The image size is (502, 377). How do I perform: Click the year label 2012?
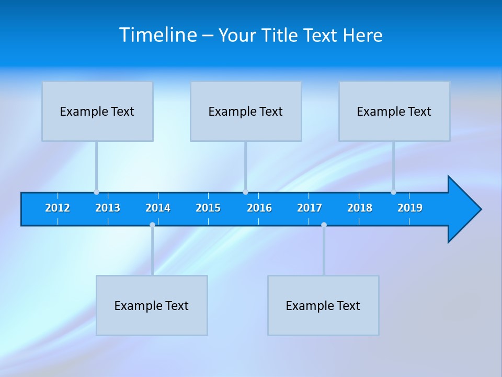tap(58, 208)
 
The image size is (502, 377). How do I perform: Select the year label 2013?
tap(108, 208)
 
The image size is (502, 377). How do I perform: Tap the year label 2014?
tap(158, 208)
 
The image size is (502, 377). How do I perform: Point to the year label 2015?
tap(208, 208)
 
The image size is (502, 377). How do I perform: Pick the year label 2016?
tap(259, 208)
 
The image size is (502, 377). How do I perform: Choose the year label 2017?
tap(310, 208)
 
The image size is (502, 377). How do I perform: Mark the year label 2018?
tap(360, 208)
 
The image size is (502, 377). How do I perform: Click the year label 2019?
tap(410, 208)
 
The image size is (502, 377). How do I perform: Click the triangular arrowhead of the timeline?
tap(463, 209)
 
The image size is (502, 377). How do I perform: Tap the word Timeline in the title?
tap(158, 35)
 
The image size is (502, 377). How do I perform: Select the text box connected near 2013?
tap(97, 111)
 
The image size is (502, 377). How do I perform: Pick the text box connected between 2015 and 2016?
tap(246, 111)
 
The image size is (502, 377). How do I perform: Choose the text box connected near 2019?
tap(394, 111)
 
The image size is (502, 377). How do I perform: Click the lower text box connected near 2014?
tap(152, 305)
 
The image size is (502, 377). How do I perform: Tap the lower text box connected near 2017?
tap(323, 305)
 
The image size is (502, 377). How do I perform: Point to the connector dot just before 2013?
tap(96, 192)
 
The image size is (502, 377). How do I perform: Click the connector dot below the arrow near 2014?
tap(152, 225)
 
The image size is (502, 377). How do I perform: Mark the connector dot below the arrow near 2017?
tap(324, 225)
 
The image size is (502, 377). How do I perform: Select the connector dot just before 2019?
tap(393, 192)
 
